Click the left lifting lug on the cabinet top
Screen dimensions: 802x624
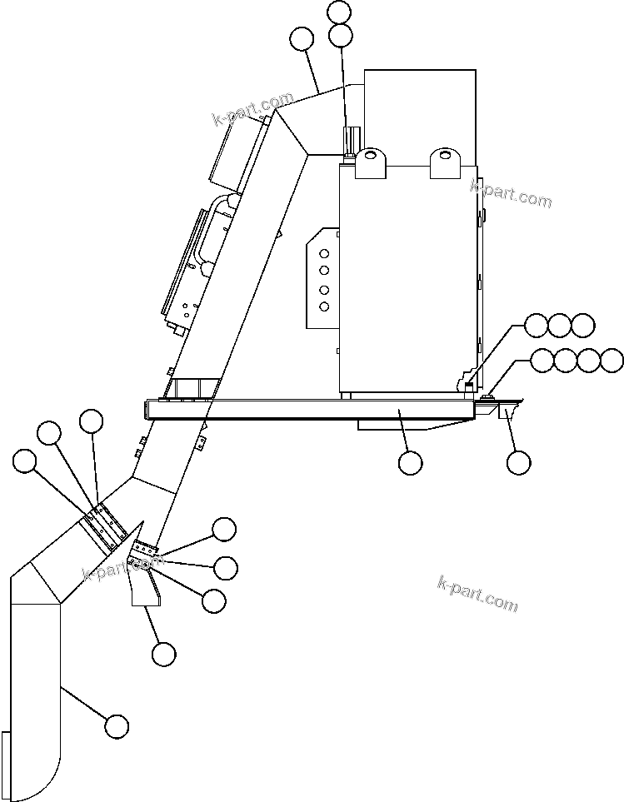371,162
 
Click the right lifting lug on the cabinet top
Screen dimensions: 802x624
445,162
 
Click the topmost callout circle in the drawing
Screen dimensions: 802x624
340,12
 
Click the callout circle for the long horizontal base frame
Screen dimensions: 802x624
410,462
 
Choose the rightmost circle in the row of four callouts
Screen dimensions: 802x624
612,361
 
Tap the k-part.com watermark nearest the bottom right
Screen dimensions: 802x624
477,593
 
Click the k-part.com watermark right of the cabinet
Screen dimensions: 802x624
511,193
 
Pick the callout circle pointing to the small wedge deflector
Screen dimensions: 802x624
164,655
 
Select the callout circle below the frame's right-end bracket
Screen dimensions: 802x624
518,462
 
